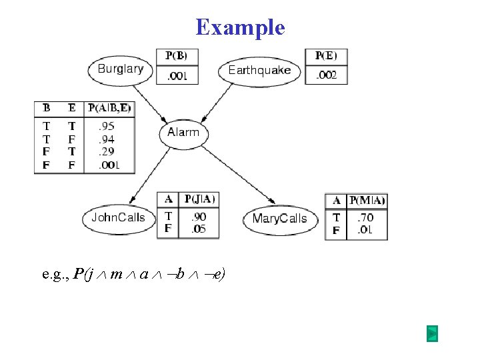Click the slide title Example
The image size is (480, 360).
[240, 27]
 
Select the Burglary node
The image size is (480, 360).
[121, 69]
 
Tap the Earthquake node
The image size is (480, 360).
[259, 70]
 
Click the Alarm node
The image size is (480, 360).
[183, 132]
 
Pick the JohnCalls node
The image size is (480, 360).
[118, 217]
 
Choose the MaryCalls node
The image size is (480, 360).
[279, 219]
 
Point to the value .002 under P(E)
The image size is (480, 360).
[326, 75]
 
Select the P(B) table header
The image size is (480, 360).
[177, 55]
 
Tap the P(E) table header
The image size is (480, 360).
[326, 55]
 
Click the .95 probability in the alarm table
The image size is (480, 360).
[106, 125]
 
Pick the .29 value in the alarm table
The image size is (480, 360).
[106, 151]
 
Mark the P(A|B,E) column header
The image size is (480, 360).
[109, 108]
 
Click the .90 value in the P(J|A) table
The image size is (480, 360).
[199, 217]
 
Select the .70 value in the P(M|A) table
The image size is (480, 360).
[365, 217]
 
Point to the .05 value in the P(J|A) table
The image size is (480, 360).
[199, 229]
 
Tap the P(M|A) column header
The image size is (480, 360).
[367, 200]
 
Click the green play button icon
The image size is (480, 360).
[432, 333]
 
